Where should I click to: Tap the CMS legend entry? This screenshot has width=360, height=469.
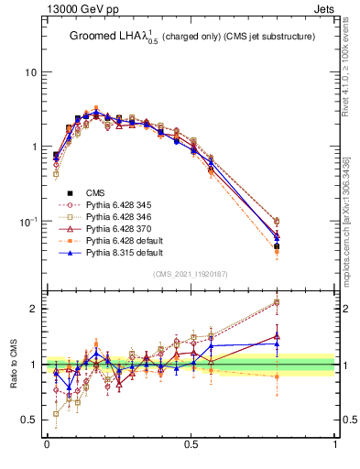click(x=96, y=191)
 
